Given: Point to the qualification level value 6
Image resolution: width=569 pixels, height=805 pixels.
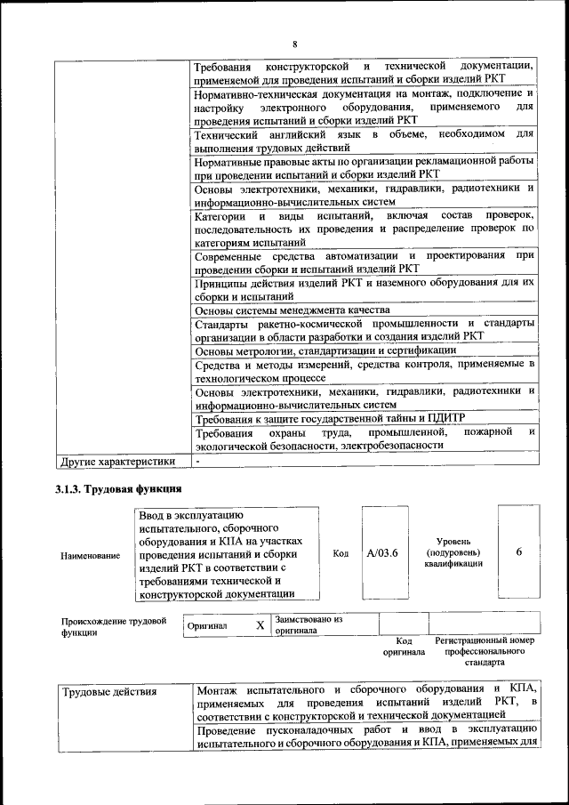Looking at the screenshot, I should (x=519, y=552).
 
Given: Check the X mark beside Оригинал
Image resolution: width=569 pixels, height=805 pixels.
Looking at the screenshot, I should (x=260, y=625).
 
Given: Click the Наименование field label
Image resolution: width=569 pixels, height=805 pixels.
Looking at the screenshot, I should (x=91, y=555).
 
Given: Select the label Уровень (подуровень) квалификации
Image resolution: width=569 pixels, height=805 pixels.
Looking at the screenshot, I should (x=453, y=552).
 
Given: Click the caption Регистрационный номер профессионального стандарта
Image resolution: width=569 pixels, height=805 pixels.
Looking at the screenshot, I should (x=484, y=651).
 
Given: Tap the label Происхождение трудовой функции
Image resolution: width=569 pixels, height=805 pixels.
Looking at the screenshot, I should (x=112, y=627).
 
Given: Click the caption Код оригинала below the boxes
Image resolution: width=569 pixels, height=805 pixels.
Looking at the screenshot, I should (x=404, y=646).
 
